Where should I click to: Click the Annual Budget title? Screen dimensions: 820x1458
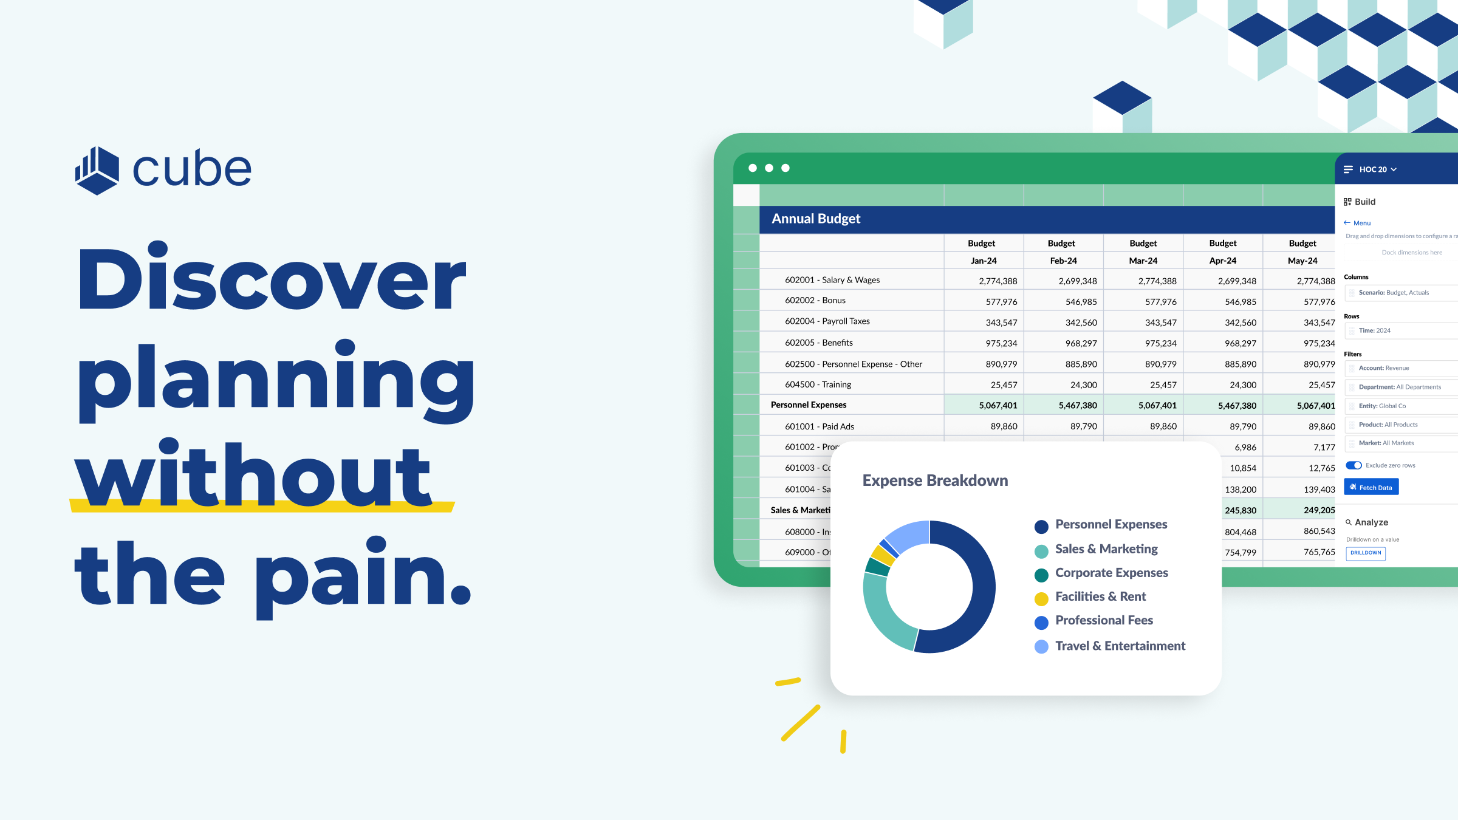816,219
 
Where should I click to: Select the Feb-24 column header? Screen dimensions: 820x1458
1063,261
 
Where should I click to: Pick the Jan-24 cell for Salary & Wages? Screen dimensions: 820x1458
998,281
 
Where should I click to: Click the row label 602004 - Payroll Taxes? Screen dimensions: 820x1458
827,321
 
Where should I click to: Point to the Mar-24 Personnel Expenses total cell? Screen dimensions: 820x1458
1157,405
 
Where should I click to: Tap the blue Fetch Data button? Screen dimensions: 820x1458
1371,487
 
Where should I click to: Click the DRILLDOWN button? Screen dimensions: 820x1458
1366,553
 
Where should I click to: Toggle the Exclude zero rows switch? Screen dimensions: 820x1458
1354,465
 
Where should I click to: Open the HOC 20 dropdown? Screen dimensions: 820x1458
1377,169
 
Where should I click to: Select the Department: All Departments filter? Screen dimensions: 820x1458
1399,387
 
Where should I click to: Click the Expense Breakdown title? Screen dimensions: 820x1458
935,480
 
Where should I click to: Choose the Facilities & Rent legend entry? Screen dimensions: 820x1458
1100,597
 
